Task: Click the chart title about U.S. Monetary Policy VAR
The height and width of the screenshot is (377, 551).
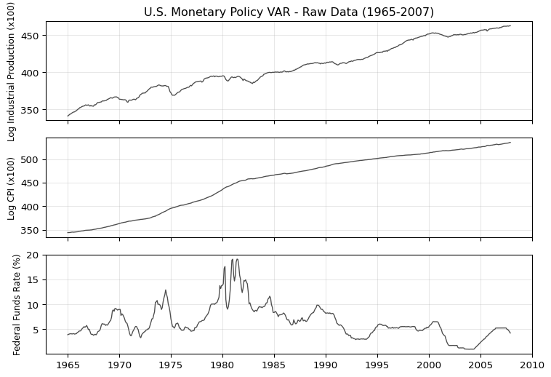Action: pyautogui.click(x=289, y=12)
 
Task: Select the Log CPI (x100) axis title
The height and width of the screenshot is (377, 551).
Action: pyautogui.click(x=11, y=188)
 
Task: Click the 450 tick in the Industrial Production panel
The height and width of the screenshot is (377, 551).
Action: pyautogui.click(x=32, y=36)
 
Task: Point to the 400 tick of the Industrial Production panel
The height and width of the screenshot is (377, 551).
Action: pyautogui.click(x=32, y=73)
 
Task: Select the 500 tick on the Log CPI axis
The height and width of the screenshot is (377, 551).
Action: pyautogui.click(x=32, y=159)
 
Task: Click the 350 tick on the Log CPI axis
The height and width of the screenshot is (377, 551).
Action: pyautogui.click(x=32, y=231)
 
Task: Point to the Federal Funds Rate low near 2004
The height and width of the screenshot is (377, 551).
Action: pyautogui.click(x=471, y=349)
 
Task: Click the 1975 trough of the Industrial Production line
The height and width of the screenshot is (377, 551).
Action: pyautogui.click(x=173, y=95)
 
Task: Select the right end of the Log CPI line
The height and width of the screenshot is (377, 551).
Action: pyautogui.click(x=510, y=143)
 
